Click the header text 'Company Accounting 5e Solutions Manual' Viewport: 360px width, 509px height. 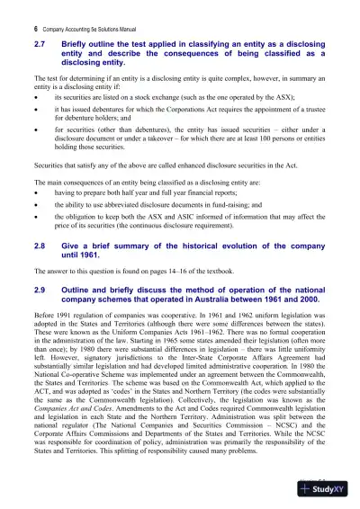click(x=80, y=29)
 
